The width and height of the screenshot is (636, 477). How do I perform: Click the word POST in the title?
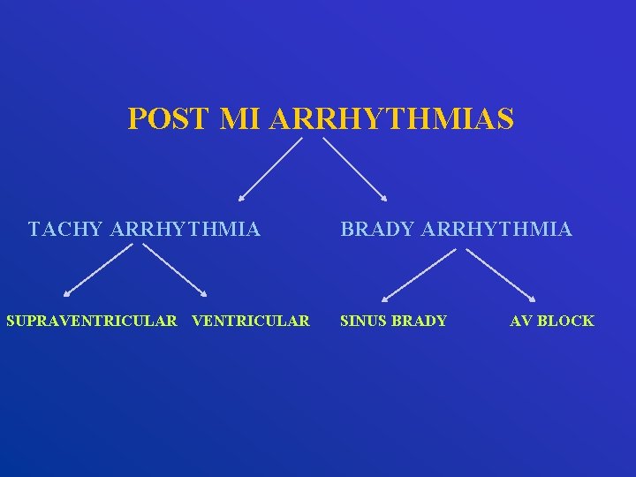click(x=168, y=118)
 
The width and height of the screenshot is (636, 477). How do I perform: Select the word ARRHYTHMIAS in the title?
click(x=391, y=118)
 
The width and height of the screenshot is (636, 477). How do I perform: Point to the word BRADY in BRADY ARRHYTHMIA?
click(x=377, y=230)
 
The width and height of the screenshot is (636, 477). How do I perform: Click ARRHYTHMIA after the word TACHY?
click(x=185, y=230)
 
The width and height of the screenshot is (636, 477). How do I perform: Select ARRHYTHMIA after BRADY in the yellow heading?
click(x=497, y=230)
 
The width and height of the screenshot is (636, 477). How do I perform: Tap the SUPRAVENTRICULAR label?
click(x=92, y=321)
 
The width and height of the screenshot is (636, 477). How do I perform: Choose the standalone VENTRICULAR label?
click(x=251, y=321)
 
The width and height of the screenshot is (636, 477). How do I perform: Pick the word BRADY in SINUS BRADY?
click(x=420, y=321)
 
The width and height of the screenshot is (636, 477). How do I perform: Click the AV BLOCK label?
click(x=552, y=321)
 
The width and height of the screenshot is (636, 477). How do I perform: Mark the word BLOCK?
click(x=565, y=321)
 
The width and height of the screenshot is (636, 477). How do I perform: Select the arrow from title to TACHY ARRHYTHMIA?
click(x=269, y=170)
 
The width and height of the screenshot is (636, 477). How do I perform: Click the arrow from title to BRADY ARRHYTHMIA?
click(x=353, y=170)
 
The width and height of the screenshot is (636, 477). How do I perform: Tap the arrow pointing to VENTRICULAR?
click(x=175, y=270)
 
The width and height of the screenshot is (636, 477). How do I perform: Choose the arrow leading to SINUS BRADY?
click(x=419, y=276)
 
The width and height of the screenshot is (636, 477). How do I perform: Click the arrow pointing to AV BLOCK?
click(x=500, y=276)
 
